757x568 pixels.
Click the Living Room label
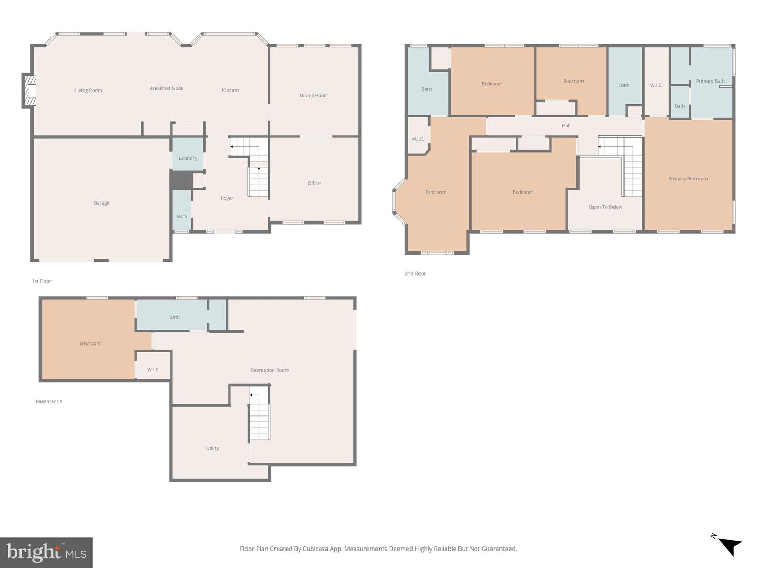coord(88,90)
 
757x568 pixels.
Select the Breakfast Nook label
coord(166,88)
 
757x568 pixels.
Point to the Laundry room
coord(188,158)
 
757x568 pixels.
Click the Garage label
coord(101,202)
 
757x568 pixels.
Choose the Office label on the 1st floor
coord(314,183)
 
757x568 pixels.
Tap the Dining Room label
coord(314,95)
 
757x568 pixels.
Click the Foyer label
coord(227,198)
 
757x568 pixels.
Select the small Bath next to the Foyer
coord(182,216)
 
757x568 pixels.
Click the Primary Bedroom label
coord(688,179)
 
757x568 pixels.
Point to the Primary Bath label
coord(710,81)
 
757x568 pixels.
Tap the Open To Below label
coord(605,207)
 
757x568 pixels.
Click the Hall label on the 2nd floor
coord(566,126)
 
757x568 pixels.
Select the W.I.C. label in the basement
coord(153,370)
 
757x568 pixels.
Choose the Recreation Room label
coord(270,370)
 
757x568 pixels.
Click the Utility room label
coord(212,448)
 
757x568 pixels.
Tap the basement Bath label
coord(175,317)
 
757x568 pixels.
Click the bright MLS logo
coord(46,552)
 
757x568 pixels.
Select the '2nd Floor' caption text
coord(415,273)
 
